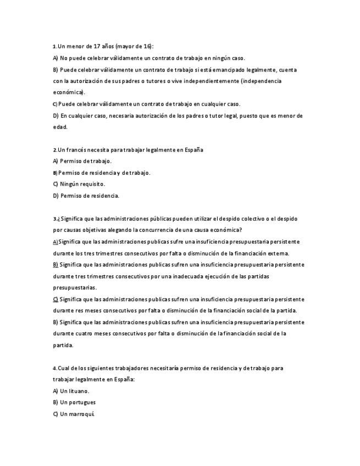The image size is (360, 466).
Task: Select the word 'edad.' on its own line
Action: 60,127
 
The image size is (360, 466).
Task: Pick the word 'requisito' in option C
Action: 92,184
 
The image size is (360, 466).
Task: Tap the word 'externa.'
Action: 278,253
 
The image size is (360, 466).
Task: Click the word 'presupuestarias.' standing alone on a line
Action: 74,288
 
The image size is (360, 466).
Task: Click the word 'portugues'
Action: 81,402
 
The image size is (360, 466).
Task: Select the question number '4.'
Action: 55,368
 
